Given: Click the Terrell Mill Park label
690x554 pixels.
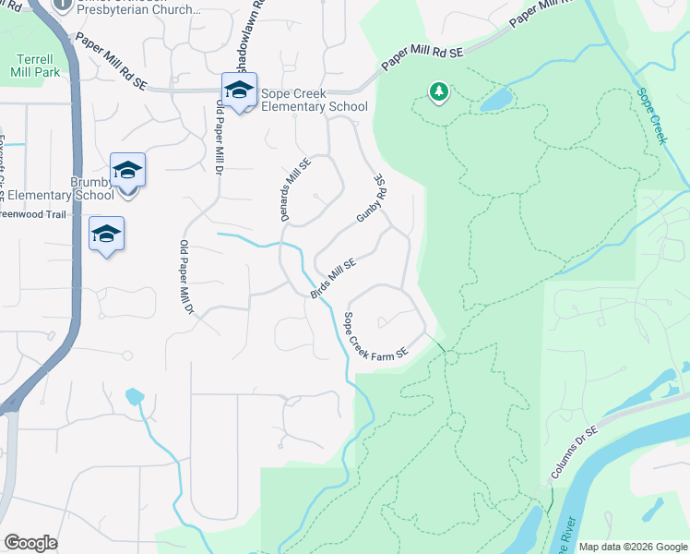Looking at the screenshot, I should [x=35, y=64].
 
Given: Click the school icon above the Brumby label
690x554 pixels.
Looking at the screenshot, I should [x=127, y=171].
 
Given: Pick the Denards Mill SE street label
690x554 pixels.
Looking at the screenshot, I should [x=296, y=189].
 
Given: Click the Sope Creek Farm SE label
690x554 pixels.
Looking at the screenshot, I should [x=375, y=337].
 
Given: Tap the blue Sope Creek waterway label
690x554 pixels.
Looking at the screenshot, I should [x=650, y=116].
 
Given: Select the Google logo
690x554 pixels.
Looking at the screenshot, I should [x=30, y=543].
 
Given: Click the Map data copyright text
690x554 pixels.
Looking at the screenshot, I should [x=633, y=547].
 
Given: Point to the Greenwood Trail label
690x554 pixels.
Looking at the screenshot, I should [x=33, y=214].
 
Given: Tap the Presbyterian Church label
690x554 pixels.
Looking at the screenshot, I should [x=140, y=10].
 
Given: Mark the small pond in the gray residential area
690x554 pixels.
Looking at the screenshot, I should [x=135, y=397].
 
